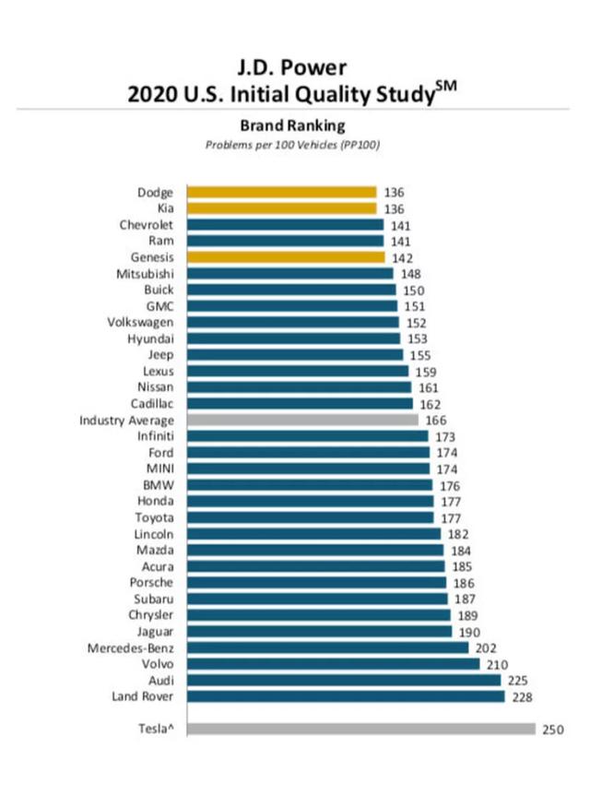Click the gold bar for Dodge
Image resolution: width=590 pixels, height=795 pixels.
pos(281,192)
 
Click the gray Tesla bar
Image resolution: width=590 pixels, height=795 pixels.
pos(360,729)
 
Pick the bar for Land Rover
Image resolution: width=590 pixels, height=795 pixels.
pos(346,696)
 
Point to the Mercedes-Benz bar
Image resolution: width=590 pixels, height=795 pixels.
pos(327,647)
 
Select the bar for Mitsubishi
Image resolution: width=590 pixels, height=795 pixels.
pos(289,273)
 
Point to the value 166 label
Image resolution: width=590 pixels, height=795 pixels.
pos(436,420)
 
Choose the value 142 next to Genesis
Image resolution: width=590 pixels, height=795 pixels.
pos(400,257)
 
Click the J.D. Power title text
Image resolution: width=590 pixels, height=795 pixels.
pos(294,67)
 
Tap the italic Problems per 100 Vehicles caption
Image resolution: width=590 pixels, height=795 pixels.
pos(293,145)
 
